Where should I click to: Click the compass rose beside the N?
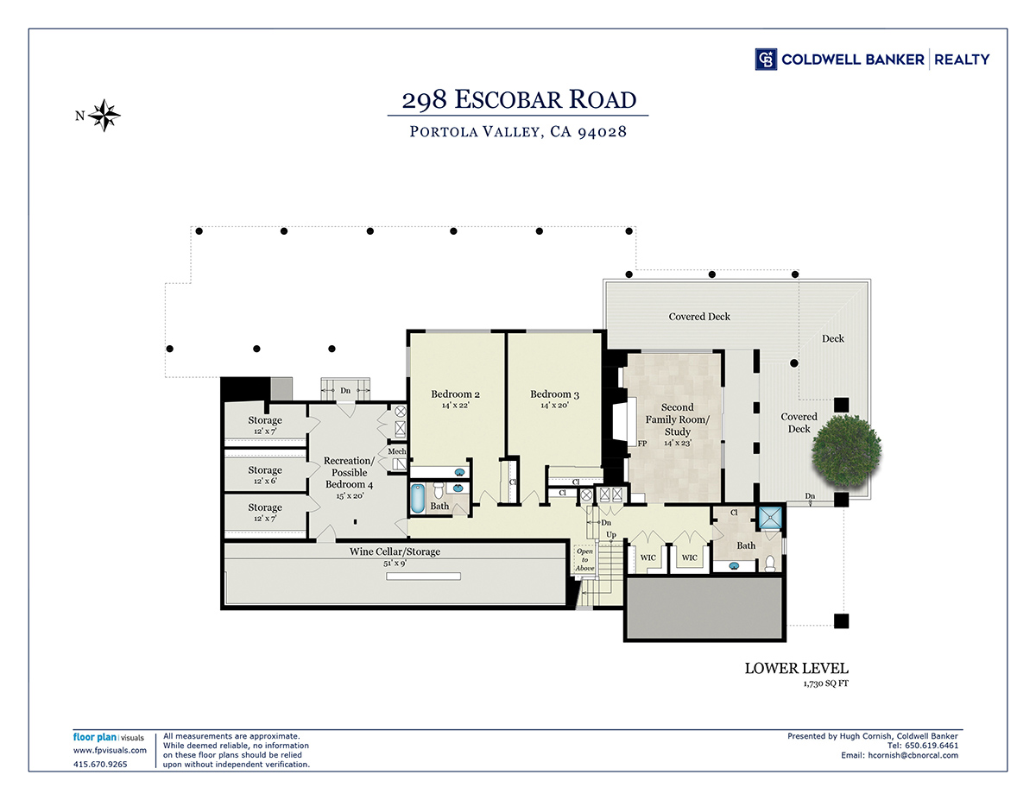104,116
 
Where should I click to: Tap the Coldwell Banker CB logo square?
766,60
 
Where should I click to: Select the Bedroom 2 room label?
455,394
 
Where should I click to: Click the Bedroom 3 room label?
554,394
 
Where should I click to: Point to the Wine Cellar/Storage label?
395,551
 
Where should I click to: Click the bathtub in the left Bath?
418,499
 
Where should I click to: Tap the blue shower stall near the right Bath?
770,518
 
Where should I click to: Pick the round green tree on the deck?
846,450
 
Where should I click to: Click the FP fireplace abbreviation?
642,444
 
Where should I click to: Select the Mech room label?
396,451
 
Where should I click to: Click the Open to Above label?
584,559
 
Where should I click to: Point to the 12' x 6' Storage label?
265,475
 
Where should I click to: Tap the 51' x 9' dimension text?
395,564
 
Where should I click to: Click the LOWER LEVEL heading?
797,669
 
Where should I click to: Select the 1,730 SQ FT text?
825,683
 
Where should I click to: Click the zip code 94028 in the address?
602,131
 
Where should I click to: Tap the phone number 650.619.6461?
932,746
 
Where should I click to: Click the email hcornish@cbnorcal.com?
913,755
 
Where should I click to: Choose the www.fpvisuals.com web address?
110,750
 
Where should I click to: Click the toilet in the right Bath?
770,564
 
